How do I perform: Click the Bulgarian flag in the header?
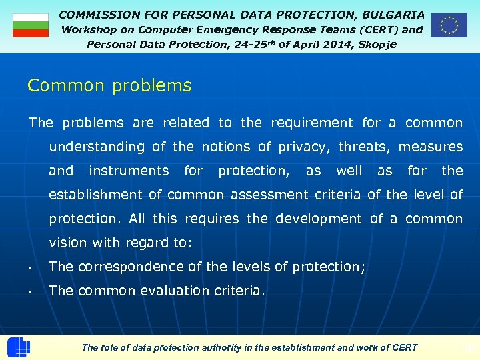(31, 25)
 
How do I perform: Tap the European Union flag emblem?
(449, 25)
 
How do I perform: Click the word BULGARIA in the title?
(393, 14)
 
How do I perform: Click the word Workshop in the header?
(89, 29)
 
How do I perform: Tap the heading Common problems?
(109, 86)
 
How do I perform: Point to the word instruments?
(129, 171)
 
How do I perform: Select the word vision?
(67, 243)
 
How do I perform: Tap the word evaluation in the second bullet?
(175, 291)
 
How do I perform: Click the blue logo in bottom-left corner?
(18, 347)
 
